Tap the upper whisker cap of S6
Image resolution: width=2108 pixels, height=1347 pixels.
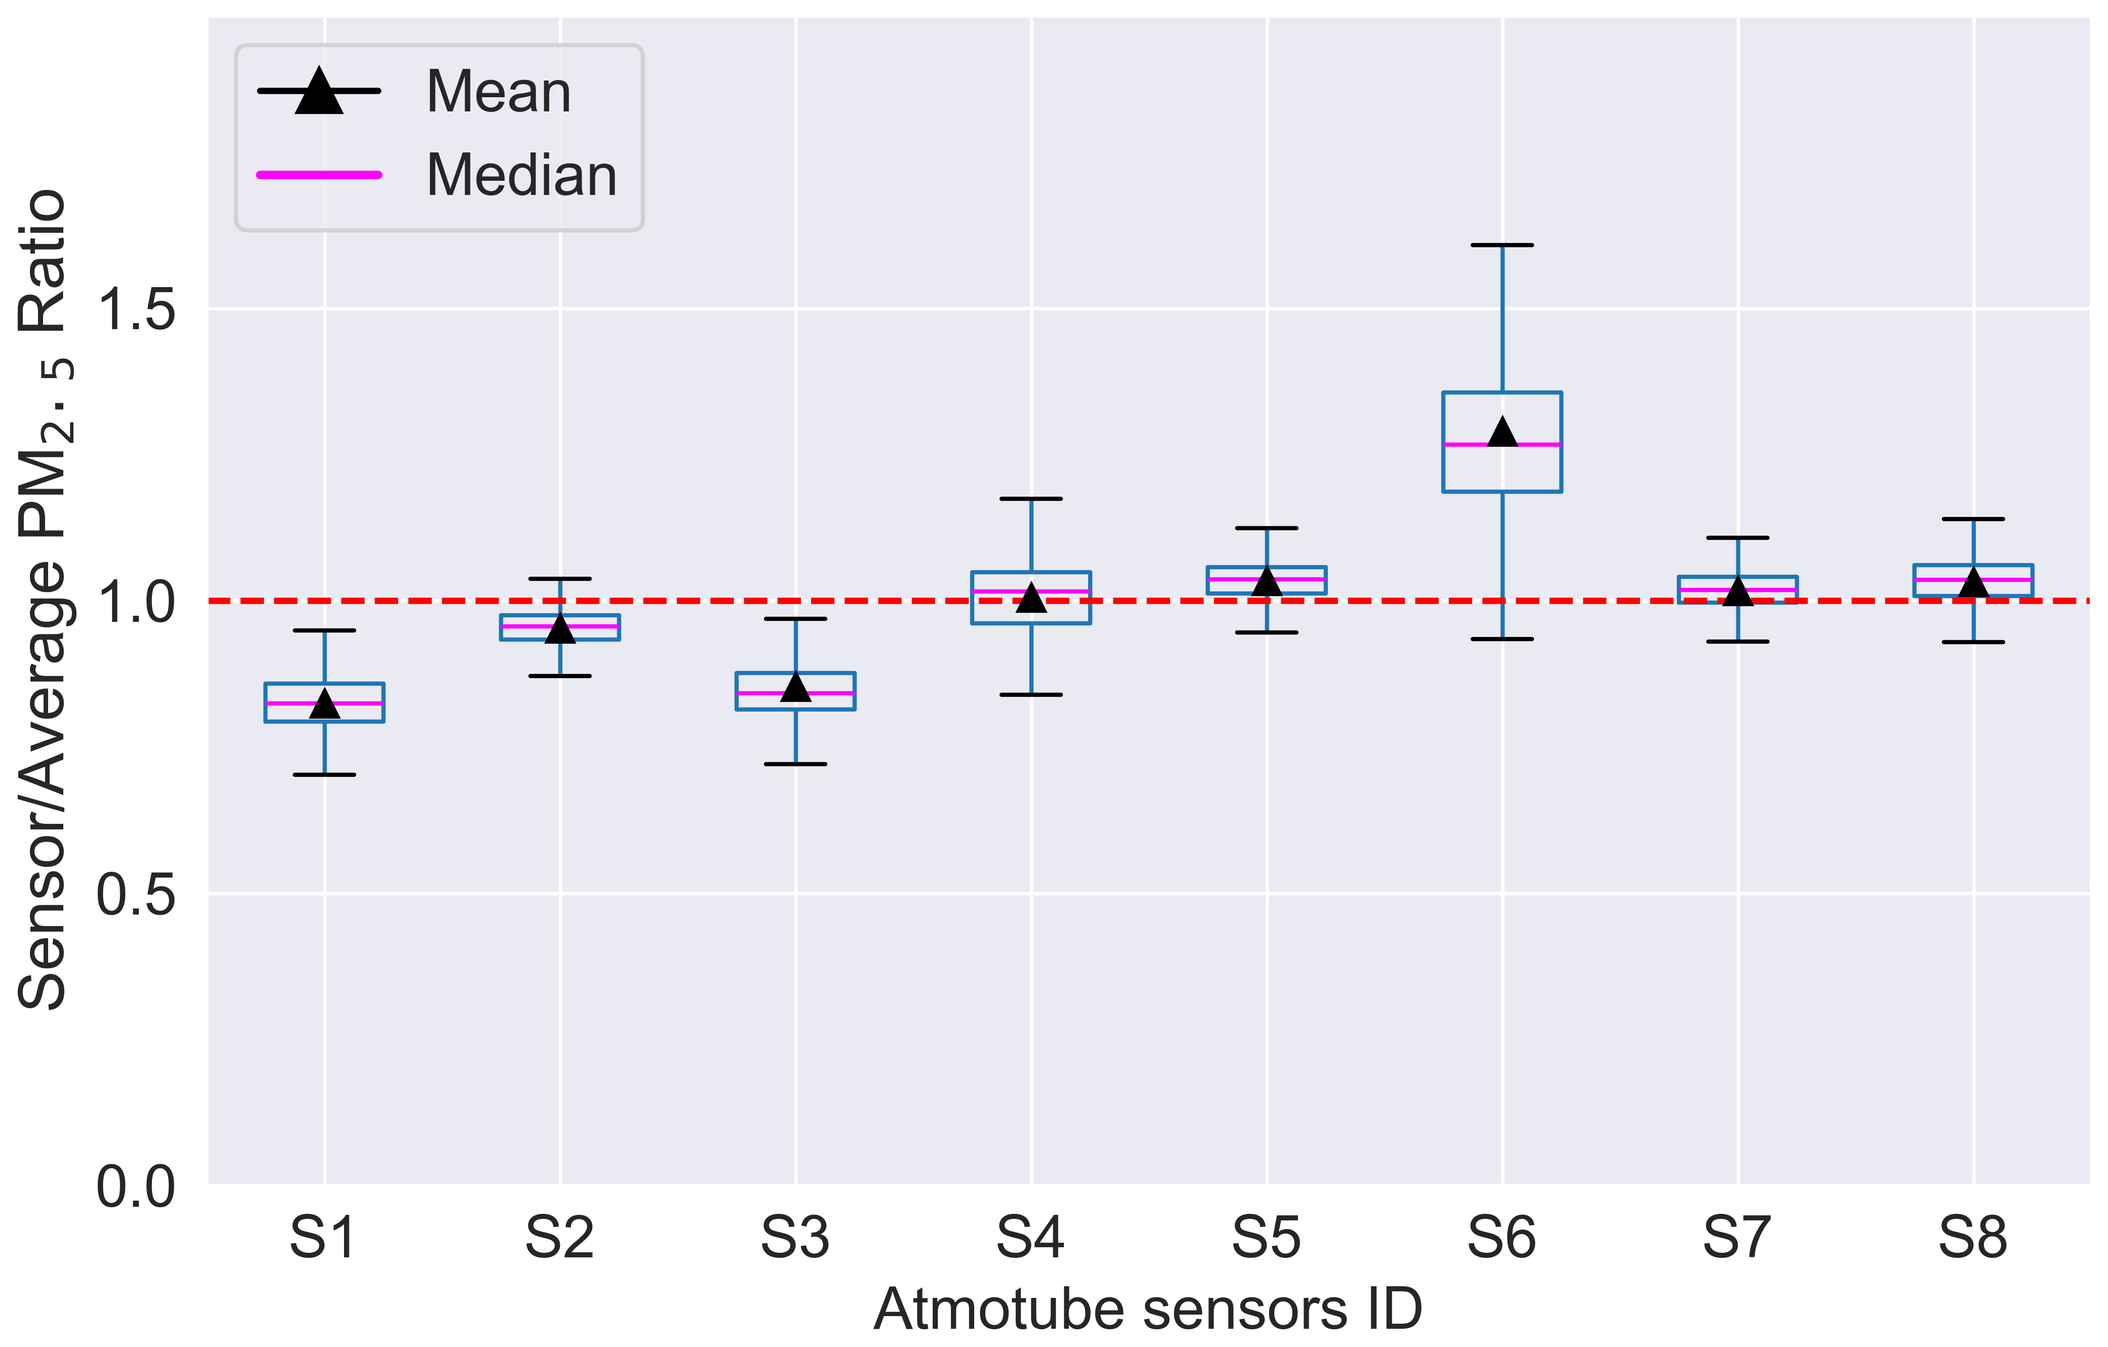click(1502, 245)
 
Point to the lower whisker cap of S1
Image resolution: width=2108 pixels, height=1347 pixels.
click(325, 775)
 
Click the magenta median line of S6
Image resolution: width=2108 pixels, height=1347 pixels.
click(1502, 445)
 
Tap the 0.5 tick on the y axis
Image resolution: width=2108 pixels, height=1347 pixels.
click(136, 894)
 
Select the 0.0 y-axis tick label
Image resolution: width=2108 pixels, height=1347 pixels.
click(136, 1187)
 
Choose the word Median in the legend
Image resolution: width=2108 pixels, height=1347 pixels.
click(522, 175)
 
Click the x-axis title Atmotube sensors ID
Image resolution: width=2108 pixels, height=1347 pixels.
click(1147, 1310)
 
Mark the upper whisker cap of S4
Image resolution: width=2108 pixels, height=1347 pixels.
click(1031, 499)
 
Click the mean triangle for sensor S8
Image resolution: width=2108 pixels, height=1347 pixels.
click(1973, 582)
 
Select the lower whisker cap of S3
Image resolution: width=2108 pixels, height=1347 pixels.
click(795, 764)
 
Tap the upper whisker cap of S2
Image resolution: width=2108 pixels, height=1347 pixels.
click(560, 578)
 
